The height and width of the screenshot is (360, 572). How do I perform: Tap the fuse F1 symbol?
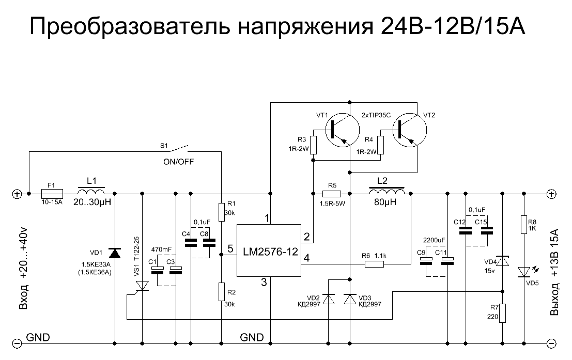(52, 194)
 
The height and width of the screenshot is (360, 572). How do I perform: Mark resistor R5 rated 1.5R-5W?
(331, 194)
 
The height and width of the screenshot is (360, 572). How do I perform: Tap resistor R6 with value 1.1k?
(374, 264)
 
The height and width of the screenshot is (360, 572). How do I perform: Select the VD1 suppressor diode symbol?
(114, 253)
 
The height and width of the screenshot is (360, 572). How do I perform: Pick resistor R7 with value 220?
(502, 313)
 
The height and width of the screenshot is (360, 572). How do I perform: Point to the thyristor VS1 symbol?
(142, 285)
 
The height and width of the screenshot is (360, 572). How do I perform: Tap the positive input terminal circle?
(17, 194)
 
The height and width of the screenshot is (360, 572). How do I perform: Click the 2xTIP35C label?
(376, 115)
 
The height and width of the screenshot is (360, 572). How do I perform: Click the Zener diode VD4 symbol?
(502, 262)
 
